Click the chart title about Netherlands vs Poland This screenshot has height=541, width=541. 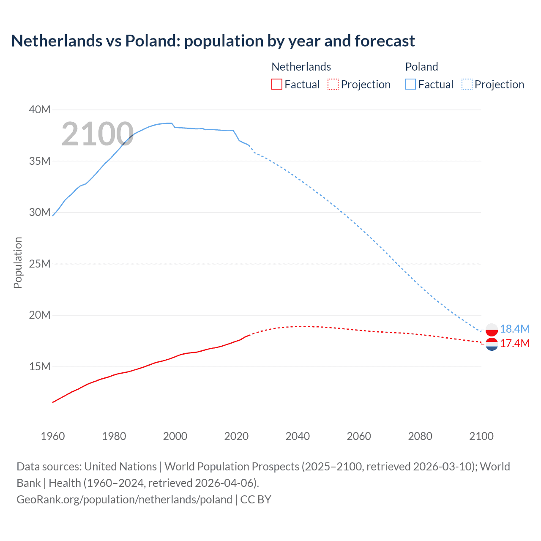click(x=213, y=41)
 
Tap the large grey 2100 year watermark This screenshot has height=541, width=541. click(x=98, y=134)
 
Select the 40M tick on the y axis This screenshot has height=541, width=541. click(x=40, y=110)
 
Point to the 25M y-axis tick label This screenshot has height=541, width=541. click(x=40, y=264)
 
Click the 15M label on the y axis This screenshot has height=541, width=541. click(x=40, y=367)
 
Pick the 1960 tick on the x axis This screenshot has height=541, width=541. click(x=53, y=436)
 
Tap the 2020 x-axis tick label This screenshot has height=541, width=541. click(x=236, y=436)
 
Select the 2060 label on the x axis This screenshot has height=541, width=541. click(x=359, y=436)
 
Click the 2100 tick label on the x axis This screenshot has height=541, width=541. click(x=481, y=436)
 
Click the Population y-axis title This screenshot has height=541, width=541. click(x=18, y=262)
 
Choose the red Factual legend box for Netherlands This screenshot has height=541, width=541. click(x=277, y=85)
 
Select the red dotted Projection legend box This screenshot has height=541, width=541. click(x=333, y=85)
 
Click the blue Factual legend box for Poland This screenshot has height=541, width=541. click(x=410, y=85)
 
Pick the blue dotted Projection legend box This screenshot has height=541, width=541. click(x=467, y=85)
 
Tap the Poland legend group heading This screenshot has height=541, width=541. click(x=421, y=67)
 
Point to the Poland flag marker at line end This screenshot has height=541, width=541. click(x=492, y=329)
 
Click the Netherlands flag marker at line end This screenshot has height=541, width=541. click(x=492, y=344)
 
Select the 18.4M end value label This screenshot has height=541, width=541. click(x=514, y=329)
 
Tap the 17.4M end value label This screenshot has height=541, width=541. click(x=514, y=344)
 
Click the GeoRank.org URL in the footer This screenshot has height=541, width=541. click(x=124, y=500)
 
